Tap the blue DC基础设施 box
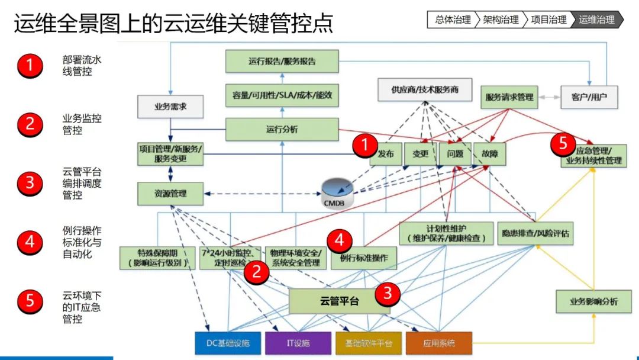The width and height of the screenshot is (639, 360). pyautogui.click(x=228, y=343)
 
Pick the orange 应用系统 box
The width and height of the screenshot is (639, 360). pyautogui.click(x=439, y=343)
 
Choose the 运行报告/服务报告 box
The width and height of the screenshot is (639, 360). pyautogui.click(x=282, y=61)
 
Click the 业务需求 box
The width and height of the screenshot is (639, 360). pyautogui.click(x=170, y=107)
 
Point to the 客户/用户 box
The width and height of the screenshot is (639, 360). pyautogui.click(x=589, y=97)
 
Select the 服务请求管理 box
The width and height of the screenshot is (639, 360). pyautogui.click(x=509, y=97)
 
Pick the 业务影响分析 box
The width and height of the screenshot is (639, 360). pyautogui.click(x=593, y=301)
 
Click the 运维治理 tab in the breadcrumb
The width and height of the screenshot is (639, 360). pyautogui.click(x=596, y=20)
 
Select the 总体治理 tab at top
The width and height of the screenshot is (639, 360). pyautogui.click(x=453, y=20)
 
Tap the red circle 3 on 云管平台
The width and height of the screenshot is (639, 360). pyautogui.click(x=388, y=292)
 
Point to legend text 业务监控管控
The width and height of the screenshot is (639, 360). pyautogui.click(x=82, y=124)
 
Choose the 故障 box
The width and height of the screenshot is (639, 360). pyautogui.click(x=489, y=154)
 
